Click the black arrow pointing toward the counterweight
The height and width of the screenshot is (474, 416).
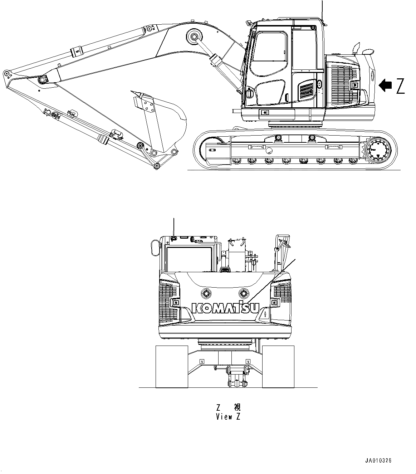coord(385,85)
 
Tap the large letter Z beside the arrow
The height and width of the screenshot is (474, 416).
coord(400,86)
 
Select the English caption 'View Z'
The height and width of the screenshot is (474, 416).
coord(228,417)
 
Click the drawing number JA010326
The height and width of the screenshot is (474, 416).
coord(378,460)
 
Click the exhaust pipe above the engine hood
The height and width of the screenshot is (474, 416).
coord(356,48)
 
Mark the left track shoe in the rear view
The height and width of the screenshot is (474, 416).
coord(172,366)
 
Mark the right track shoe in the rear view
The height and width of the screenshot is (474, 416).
coord(278,366)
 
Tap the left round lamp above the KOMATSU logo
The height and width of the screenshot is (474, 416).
coord(206,293)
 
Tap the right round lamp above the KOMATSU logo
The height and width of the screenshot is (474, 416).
coord(244,293)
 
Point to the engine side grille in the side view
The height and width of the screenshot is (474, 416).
coord(344,83)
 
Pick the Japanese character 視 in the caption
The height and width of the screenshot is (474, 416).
coord(237,407)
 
